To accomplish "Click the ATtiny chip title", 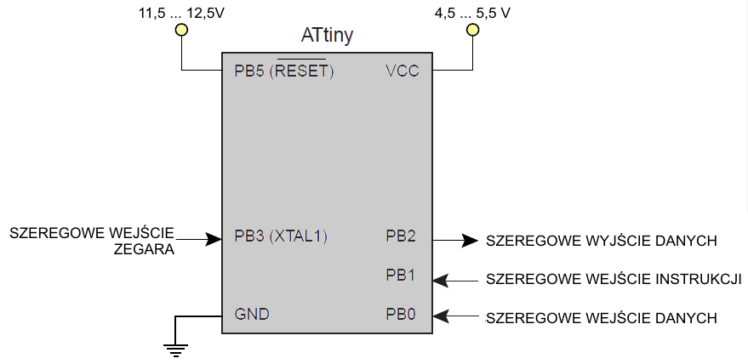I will tap(328, 36).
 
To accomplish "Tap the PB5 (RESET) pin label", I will tap(283, 71).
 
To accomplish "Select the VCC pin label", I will tap(402, 71).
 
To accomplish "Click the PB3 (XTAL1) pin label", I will tap(281, 236).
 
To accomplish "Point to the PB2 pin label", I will tap(401, 236).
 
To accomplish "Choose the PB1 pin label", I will tap(401, 275).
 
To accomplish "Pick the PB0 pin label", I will tap(401, 314).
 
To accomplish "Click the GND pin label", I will tap(252, 314).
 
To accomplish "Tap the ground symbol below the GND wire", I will tap(176, 346).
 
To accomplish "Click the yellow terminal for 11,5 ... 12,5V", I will tap(180, 31).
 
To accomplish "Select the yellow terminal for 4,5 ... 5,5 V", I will tap(472, 31).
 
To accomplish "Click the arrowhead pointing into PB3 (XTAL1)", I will tap(214, 240).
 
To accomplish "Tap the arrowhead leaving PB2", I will tap(470, 240).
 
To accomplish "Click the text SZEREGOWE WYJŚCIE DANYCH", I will tap(602, 241).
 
